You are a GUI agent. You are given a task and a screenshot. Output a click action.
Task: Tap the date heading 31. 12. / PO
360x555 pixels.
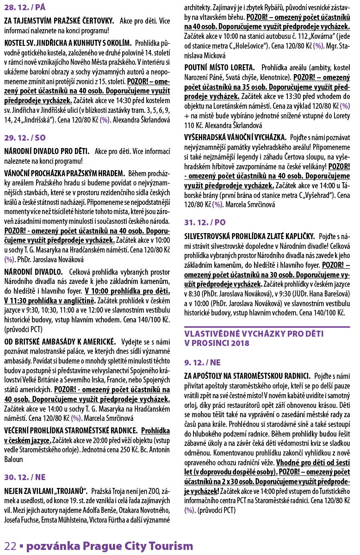click(x=205, y=222)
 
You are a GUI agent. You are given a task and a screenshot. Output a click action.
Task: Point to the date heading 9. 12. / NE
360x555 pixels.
click(x=202, y=362)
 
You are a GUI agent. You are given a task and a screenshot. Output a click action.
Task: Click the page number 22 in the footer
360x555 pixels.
click(x=11, y=546)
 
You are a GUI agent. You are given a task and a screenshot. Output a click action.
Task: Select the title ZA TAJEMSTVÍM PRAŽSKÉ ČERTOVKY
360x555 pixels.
click(x=59, y=21)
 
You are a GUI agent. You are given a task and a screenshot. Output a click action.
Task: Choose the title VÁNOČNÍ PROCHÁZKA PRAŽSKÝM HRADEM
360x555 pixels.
click(x=64, y=173)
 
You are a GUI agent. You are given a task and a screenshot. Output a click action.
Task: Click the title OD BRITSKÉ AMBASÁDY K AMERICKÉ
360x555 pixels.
click(x=60, y=342)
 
